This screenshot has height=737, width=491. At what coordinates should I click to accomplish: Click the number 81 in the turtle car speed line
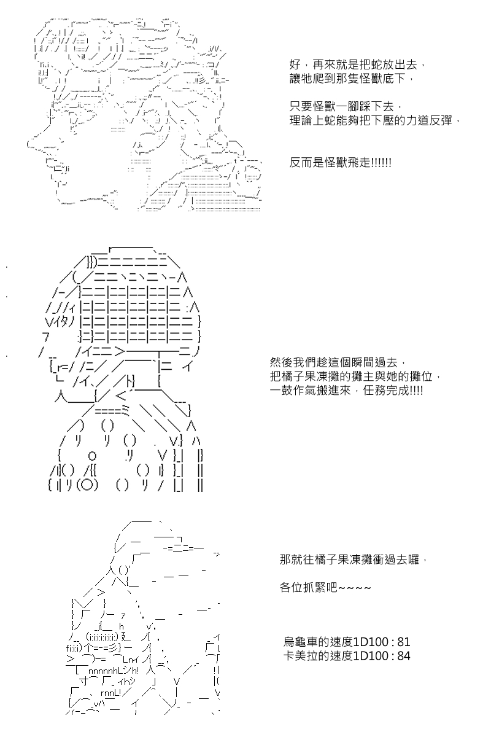(x=403, y=642)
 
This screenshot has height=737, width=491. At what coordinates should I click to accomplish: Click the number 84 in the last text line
(x=403, y=657)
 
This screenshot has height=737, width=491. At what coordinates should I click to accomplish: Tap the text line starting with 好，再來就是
(x=358, y=64)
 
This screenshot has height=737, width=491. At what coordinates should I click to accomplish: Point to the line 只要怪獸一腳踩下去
(x=346, y=107)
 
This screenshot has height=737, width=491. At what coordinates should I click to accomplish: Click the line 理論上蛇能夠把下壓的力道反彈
(x=374, y=121)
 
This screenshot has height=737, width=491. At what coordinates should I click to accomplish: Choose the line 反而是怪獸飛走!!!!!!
(x=341, y=163)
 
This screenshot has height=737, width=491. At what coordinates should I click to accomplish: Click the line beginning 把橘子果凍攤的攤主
(x=355, y=376)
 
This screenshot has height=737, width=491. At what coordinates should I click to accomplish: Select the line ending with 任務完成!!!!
(x=346, y=391)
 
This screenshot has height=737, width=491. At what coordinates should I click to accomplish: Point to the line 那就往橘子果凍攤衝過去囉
(x=353, y=560)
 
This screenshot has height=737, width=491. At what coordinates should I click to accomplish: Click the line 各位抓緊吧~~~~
(x=325, y=588)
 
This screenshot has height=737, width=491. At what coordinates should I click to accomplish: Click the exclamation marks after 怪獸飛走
(x=382, y=163)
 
